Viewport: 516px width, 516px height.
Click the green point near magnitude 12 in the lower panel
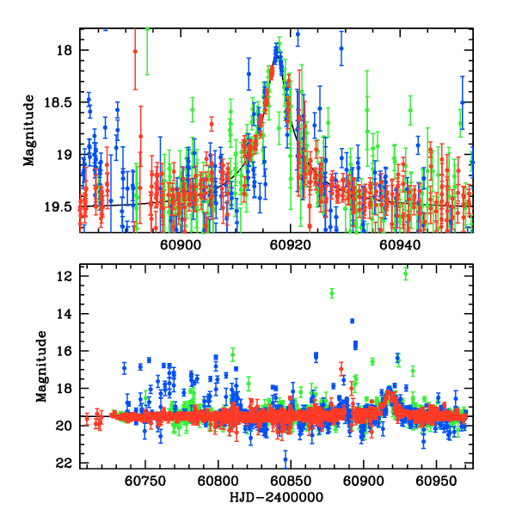pyautogui.click(x=405, y=273)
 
